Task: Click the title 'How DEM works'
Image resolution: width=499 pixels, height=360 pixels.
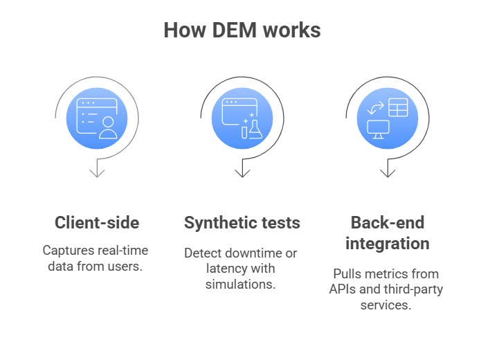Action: [x=242, y=30]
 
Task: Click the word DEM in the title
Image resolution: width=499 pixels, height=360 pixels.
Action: [x=235, y=30]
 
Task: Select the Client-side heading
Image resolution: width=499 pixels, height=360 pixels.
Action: [x=97, y=223]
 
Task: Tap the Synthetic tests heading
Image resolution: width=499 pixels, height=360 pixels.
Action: [x=242, y=223]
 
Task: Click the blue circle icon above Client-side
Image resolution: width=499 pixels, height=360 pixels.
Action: [x=97, y=118]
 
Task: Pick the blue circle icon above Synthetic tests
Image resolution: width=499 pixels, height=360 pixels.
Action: [x=242, y=118]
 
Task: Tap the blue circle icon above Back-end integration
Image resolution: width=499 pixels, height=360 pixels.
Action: [x=387, y=118]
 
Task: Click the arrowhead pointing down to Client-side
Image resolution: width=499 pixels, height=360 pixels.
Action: [x=97, y=170]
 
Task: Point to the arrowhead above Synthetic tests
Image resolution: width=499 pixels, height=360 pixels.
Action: [x=242, y=170]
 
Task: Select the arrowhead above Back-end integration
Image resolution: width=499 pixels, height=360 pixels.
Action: [x=387, y=170]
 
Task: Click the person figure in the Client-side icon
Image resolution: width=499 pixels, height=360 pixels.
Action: [x=108, y=127]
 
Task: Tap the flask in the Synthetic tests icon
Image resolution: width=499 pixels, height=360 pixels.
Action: [x=255, y=129]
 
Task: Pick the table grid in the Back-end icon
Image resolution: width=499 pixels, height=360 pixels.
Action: [x=398, y=107]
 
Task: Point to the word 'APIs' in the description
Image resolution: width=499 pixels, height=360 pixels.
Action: [x=343, y=289]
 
